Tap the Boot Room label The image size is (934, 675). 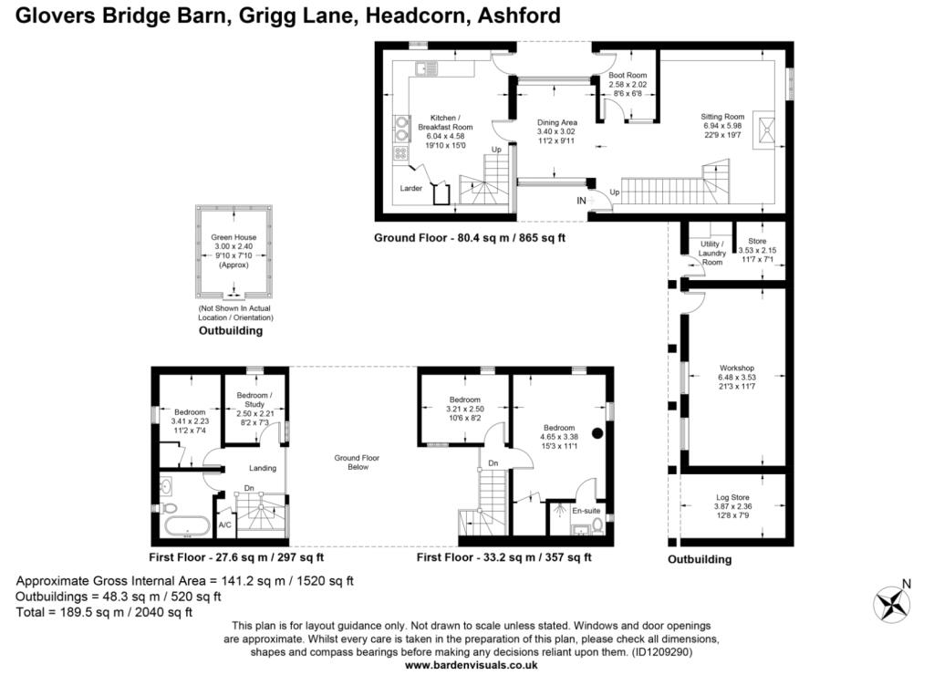[x=628, y=76]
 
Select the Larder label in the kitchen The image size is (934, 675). [x=410, y=188]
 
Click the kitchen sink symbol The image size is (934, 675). [x=425, y=68]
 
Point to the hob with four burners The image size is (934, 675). [x=401, y=153]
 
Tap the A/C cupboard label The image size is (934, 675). [x=224, y=525]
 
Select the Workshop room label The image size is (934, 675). [x=736, y=369]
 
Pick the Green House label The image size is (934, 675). [x=233, y=237]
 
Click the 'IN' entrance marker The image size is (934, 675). [x=581, y=200]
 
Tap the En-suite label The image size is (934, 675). [x=586, y=511]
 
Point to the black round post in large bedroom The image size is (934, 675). [x=598, y=433]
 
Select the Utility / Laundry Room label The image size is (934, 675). [x=712, y=253]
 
